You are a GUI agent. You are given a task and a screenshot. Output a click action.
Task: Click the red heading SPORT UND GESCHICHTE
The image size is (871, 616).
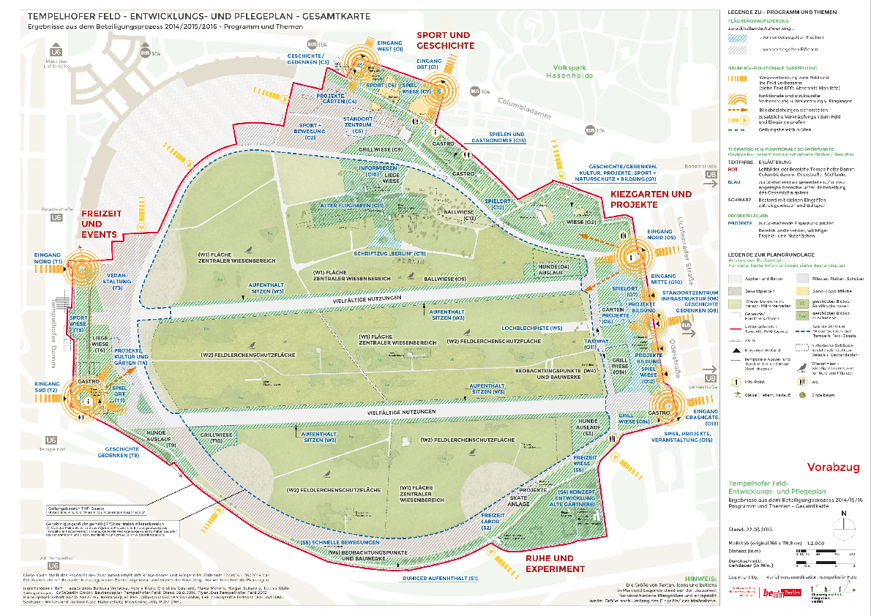pyautogui.click(x=443, y=40)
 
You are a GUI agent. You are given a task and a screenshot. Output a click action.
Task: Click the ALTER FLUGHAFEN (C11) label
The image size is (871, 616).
pyautogui.click(x=352, y=206)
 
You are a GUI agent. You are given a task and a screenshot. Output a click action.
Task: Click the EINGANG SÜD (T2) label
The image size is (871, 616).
pyautogui.click(x=47, y=388)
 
